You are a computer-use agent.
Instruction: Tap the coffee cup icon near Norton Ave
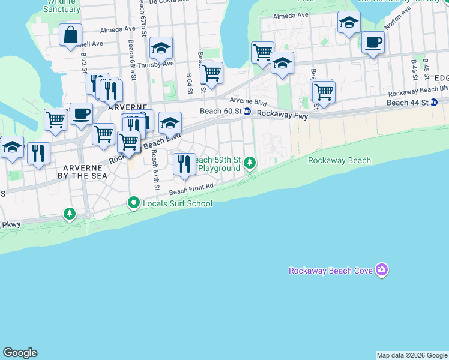point(373,43)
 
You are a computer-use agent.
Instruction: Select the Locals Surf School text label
point(178,203)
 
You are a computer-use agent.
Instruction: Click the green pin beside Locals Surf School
point(134,204)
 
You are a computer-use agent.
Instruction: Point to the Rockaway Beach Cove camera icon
point(381,271)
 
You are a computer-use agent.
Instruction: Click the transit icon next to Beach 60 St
point(247,112)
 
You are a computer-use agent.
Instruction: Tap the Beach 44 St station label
point(408,103)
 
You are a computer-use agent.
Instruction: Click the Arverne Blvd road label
point(247,103)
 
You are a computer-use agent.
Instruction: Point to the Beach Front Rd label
point(191,190)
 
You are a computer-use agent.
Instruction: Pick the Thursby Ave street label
point(155,64)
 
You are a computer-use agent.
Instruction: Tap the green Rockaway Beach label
point(339,160)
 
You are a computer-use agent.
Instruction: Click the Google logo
point(20,353)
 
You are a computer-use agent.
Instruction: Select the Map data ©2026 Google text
point(412,355)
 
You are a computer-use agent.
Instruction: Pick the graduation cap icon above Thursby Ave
point(161,47)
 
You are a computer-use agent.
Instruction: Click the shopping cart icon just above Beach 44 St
point(323,92)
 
